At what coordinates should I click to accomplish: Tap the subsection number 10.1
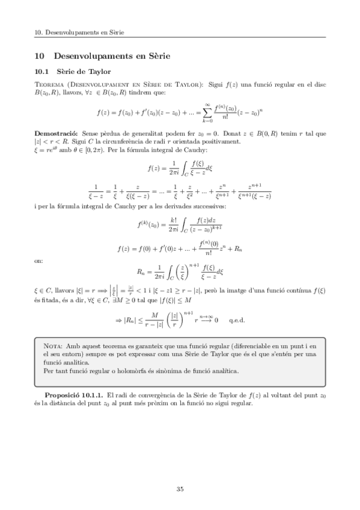tap(43, 72)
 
